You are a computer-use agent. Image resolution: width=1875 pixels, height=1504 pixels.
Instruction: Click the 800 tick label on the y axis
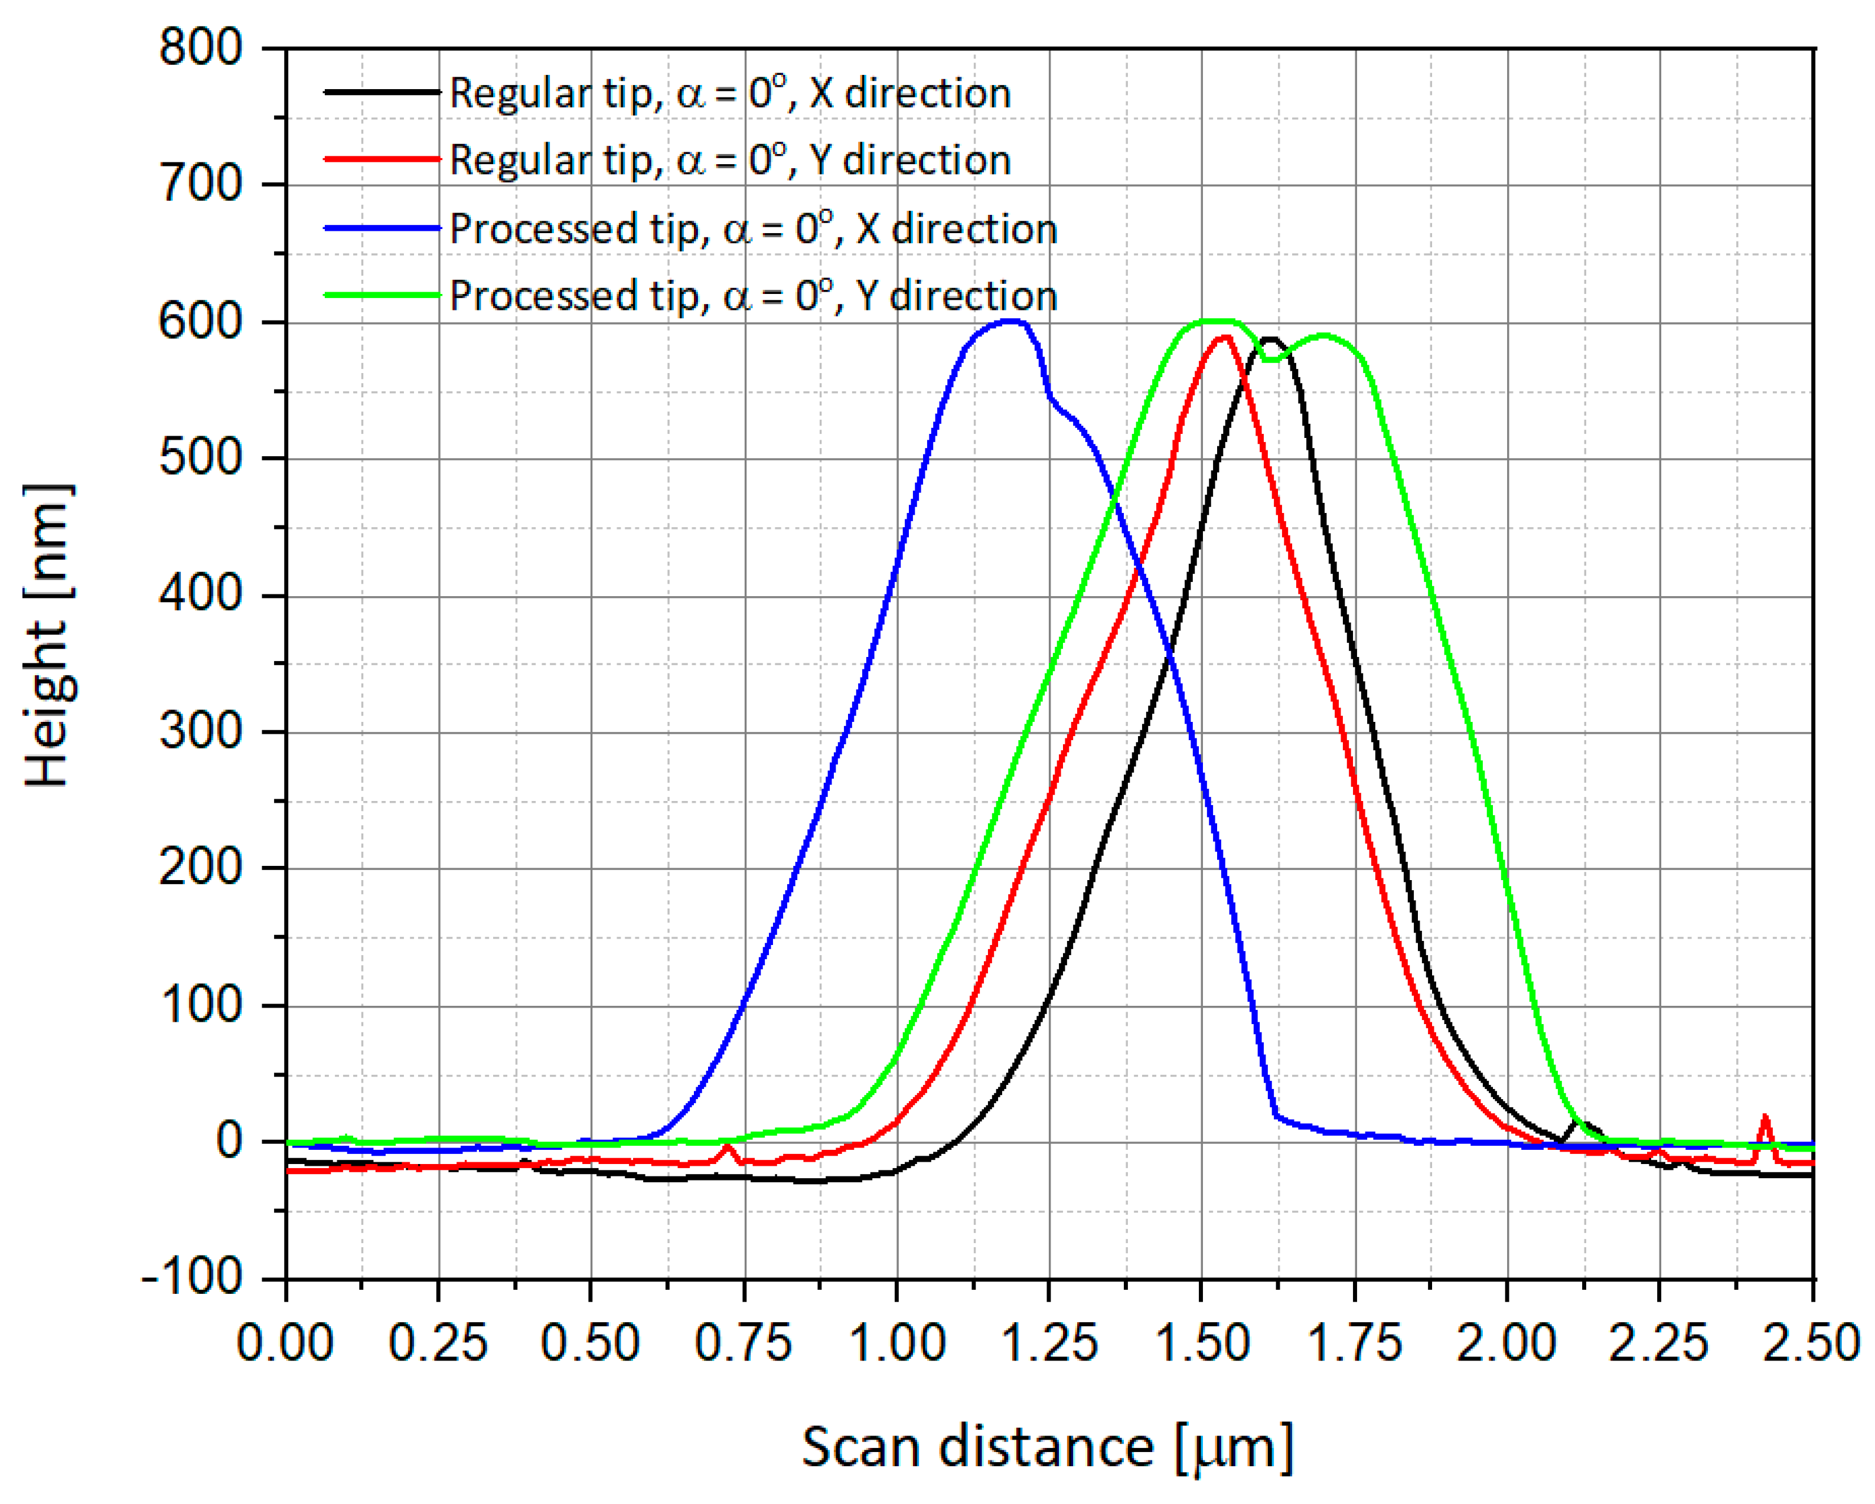200,48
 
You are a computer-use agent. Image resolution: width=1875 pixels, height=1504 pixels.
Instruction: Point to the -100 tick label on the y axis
191,1278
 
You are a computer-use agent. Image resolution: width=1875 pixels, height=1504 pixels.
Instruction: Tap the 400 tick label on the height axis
200,596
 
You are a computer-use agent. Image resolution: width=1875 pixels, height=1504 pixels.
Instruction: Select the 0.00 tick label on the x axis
285,1343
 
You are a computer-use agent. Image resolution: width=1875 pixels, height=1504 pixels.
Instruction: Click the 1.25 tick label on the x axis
1049,1343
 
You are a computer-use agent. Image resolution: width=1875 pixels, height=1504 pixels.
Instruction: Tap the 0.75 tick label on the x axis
744,1343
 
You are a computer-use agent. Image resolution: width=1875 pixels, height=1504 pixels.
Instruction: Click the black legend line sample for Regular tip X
383,92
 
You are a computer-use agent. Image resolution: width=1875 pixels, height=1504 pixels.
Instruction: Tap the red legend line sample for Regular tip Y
383,159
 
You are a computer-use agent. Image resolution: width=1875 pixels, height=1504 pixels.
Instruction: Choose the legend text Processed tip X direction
753,228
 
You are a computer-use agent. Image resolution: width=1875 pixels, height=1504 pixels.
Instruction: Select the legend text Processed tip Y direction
753,296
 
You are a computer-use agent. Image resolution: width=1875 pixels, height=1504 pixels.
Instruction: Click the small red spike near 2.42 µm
1765,1118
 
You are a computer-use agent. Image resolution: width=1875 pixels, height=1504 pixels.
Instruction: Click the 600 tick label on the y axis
200,322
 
